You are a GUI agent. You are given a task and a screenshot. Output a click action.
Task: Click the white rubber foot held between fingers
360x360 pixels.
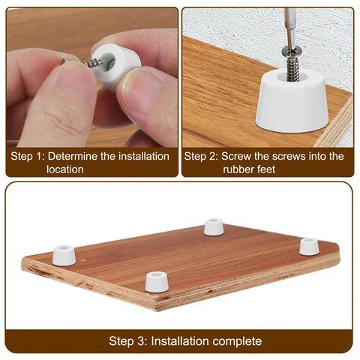118,66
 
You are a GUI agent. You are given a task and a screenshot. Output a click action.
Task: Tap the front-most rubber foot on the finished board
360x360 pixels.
156,280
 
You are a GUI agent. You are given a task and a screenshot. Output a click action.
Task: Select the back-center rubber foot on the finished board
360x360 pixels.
213,226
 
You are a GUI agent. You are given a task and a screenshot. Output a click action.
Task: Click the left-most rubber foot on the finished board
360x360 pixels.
64,255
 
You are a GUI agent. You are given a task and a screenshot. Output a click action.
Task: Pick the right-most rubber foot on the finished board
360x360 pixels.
309,246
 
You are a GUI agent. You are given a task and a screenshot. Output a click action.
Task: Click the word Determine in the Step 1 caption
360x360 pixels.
74,157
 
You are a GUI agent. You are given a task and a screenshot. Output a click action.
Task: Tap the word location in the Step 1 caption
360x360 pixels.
64,169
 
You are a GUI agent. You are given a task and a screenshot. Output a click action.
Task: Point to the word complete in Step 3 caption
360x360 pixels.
237,341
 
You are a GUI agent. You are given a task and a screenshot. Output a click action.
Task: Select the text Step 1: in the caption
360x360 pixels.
26,157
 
